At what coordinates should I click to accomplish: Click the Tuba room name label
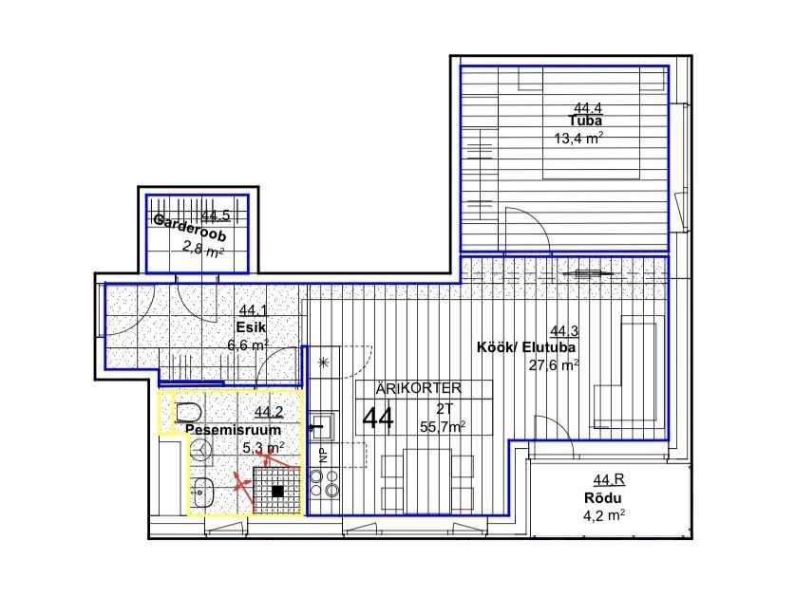585,121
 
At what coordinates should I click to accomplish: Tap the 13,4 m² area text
578,138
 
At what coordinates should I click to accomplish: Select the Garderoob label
189,228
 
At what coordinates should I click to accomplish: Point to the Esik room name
251,326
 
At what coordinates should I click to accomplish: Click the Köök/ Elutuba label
526,347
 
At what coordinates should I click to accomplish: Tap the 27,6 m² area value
554,364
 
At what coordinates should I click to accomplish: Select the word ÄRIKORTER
419,389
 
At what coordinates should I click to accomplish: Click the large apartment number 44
378,419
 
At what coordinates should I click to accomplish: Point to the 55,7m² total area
443,427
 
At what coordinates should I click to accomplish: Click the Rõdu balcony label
602,498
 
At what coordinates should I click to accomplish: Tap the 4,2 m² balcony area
604,516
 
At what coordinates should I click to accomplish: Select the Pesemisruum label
233,430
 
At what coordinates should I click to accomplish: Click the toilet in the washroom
188,413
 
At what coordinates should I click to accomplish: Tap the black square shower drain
277,491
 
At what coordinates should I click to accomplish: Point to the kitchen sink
320,426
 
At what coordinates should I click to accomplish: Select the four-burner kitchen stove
324,483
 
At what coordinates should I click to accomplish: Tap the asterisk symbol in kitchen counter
324,363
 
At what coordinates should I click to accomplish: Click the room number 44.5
216,215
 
